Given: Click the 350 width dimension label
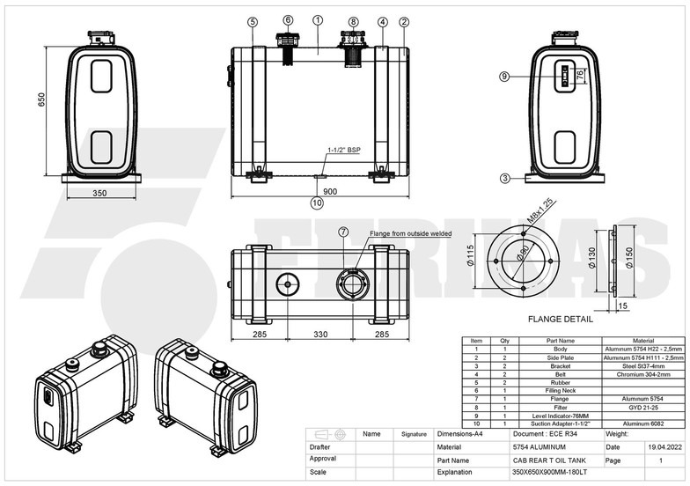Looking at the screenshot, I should tap(99, 193).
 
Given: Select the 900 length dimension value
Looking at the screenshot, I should tap(329, 191).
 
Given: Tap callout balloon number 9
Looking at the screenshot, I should tap(504, 77).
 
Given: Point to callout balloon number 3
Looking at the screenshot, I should tap(504, 178).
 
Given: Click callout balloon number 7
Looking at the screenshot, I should tap(343, 232).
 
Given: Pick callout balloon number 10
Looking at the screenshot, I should tap(317, 202).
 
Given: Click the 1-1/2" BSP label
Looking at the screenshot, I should tap(344, 151).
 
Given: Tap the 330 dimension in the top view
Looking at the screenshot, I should tap(319, 334).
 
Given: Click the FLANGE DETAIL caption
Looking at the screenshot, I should tap(561, 320).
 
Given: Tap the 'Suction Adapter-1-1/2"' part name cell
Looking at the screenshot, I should tap(560, 423).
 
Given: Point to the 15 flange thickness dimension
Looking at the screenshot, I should tap(622, 306).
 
